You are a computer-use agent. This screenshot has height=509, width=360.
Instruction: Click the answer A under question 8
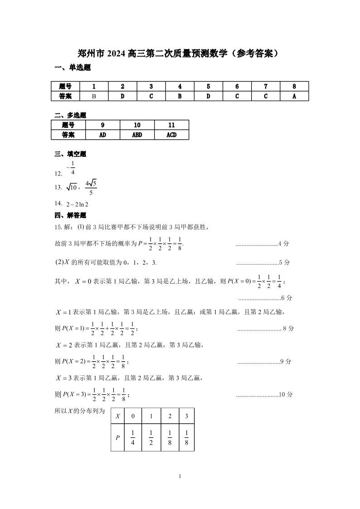coord(294,96)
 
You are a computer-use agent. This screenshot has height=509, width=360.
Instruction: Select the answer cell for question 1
coord(94,96)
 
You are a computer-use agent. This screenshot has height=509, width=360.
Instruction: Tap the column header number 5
coord(208,86)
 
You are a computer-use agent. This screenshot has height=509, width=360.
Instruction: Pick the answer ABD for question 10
coord(137,135)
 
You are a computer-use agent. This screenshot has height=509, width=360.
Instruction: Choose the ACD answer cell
coord(171,135)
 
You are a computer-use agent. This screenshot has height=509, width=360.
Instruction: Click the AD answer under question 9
coord(102,135)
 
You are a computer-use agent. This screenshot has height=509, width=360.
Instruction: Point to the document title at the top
coord(180,53)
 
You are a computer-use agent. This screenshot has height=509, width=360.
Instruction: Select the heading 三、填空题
coord(70,154)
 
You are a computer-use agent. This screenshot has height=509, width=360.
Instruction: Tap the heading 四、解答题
coord(70,215)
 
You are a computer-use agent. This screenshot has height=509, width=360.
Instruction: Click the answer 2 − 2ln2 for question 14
coord(77,204)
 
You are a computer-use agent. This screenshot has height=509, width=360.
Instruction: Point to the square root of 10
coord(72,187)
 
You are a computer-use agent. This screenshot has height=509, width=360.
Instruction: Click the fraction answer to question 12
coord(72,168)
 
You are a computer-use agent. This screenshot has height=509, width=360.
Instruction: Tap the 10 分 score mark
coord(286,395)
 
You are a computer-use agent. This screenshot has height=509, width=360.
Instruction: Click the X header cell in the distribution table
coord(118,416)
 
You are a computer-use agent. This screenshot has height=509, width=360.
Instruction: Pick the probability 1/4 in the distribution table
coord(133,438)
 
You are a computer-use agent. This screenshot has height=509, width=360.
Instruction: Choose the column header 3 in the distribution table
coord(186,416)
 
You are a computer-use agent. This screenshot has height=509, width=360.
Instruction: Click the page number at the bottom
coord(180,476)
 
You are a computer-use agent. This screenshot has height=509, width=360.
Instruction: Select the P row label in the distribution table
coord(118,438)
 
